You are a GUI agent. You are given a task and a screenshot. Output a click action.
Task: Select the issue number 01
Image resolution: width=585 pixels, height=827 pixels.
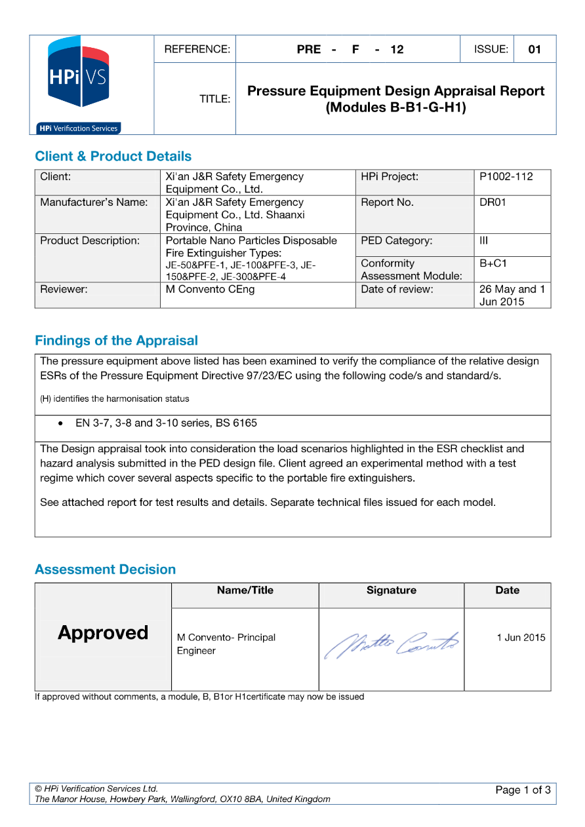(535, 49)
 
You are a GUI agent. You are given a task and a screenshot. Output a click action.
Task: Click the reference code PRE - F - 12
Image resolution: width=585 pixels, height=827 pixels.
(350, 49)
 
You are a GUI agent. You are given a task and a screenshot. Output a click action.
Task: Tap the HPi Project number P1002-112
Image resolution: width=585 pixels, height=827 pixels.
(506, 176)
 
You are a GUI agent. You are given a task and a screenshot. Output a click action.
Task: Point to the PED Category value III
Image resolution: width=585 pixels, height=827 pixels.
(484, 240)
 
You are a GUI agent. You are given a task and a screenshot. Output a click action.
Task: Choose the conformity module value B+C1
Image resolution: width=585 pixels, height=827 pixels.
(493, 263)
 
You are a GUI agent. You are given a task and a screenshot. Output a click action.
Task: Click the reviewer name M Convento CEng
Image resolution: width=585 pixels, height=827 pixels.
(210, 289)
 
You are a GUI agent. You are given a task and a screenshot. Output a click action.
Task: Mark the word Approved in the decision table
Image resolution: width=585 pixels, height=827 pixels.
(103, 632)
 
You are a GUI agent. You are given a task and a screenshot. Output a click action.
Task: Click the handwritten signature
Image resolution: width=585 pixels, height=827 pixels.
(392, 644)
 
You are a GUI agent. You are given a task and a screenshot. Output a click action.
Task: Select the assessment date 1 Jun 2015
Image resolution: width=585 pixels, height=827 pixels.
(521, 638)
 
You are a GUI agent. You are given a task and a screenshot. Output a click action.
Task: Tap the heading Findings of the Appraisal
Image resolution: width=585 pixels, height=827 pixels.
(116, 341)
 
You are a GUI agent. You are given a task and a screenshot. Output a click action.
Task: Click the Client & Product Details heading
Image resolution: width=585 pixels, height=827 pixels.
(113, 157)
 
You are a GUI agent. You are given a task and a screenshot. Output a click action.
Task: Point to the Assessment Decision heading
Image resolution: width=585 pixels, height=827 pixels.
(105, 569)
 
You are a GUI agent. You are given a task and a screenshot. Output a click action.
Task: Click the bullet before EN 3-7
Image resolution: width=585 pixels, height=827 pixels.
(61, 423)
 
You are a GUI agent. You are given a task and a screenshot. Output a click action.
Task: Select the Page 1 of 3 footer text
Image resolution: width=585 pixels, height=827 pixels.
(523, 790)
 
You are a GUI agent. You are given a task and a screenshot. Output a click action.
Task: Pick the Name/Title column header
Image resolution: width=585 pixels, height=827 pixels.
(245, 590)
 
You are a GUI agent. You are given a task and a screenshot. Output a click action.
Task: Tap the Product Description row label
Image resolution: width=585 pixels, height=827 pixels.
(90, 240)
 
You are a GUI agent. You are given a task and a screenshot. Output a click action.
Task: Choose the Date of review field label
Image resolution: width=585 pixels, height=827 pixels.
(397, 289)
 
